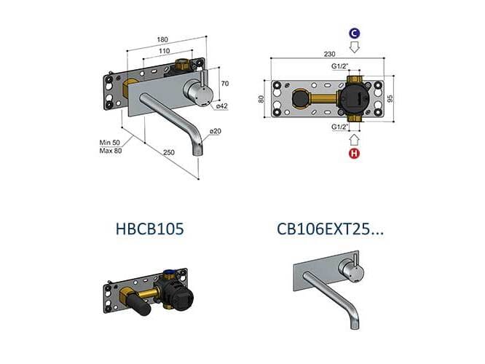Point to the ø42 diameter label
223,107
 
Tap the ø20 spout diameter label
215,132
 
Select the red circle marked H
355,154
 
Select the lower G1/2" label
339,127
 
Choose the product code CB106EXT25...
331,229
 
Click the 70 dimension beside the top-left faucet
225,82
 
